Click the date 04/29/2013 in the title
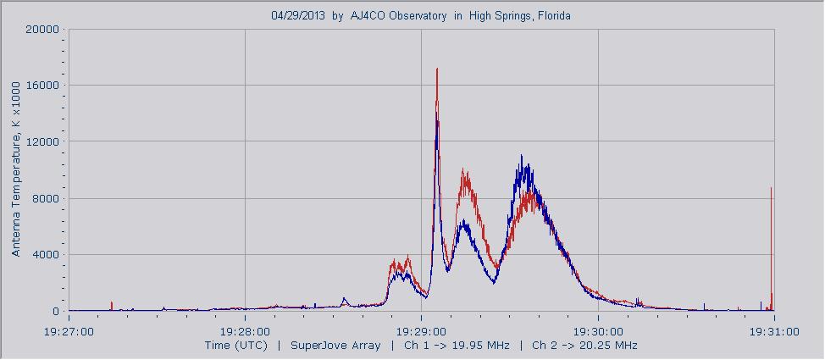(298, 15)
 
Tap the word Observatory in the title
(418, 15)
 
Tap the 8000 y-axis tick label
(46, 198)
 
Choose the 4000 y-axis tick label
(46, 255)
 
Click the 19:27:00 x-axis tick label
(69, 331)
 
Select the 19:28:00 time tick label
(245, 331)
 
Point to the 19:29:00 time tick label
(422, 331)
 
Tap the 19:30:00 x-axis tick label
(598, 331)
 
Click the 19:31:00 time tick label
(774, 331)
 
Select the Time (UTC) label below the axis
(235, 346)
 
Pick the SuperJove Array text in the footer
(326, 346)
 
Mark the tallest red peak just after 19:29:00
(437, 70)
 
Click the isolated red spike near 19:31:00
(771, 191)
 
